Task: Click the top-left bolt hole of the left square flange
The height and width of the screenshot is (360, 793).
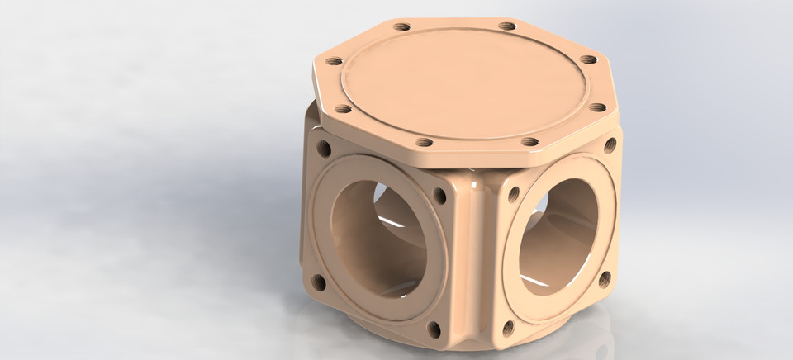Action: [323, 149]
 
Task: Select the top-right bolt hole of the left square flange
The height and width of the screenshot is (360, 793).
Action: [439, 197]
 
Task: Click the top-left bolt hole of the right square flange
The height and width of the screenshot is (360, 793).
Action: [513, 196]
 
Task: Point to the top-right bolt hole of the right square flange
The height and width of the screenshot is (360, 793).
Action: [610, 145]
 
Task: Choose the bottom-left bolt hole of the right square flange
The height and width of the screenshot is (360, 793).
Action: [508, 328]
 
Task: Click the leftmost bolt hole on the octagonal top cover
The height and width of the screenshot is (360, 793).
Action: [334, 62]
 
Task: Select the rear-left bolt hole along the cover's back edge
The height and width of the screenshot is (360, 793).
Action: [402, 27]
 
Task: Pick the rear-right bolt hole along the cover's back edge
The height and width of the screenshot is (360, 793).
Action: [507, 26]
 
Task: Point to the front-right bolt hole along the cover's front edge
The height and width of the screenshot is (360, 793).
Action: [529, 142]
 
